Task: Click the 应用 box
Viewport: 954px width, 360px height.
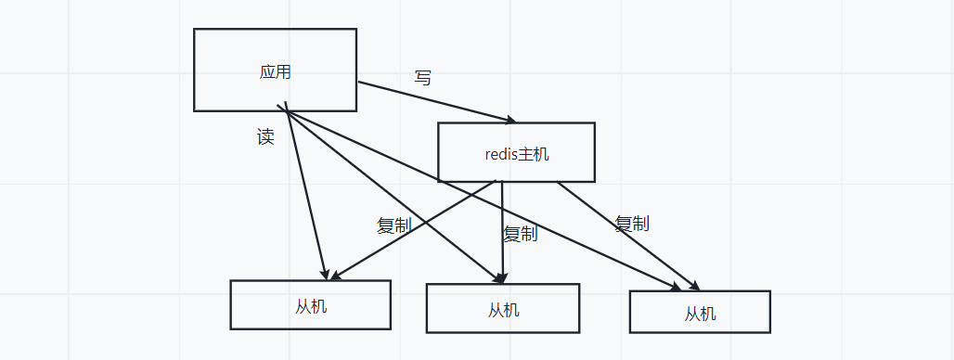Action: click(275, 70)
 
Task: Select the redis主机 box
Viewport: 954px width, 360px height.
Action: click(516, 152)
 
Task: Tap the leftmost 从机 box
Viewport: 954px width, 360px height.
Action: click(310, 304)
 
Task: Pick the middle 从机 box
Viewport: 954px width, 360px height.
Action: click(502, 308)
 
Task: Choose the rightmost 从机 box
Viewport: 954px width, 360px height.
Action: click(700, 312)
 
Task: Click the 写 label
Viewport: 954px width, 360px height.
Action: click(423, 79)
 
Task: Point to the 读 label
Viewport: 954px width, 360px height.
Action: click(265, 137)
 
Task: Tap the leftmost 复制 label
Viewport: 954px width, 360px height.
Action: click(393, 225)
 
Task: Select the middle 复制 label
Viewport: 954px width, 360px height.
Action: click(520, 234)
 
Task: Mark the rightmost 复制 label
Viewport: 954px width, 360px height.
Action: click(631, 223)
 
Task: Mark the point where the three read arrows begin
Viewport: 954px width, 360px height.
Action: click(286, 111)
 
